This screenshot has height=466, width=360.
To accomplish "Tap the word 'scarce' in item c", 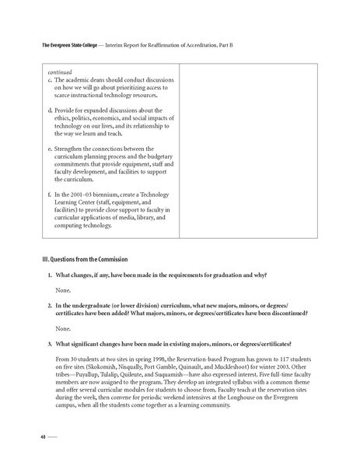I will coord(65,97).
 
